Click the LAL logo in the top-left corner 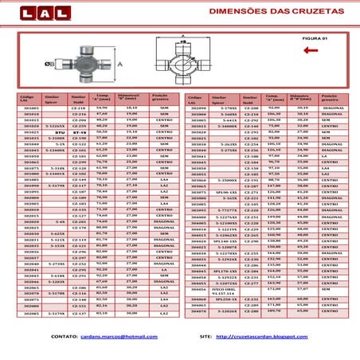click(30, 13)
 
